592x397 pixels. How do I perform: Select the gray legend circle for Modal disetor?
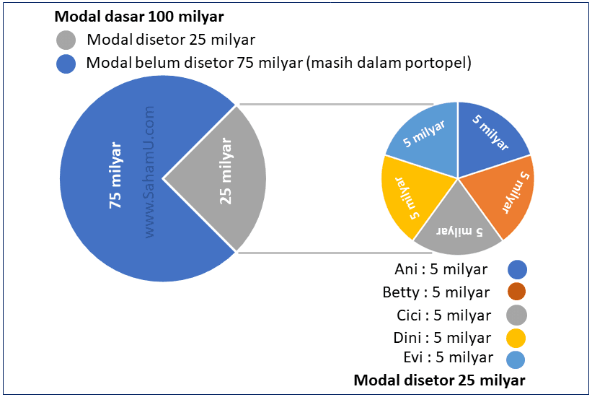(66, 40)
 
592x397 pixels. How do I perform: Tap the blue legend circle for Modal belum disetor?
(66, 64)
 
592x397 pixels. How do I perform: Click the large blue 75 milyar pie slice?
(108, 180)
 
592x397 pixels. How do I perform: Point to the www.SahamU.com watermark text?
(150, 172)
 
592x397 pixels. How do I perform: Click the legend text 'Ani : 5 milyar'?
(441, 270)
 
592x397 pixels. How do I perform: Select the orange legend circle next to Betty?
(516, 292)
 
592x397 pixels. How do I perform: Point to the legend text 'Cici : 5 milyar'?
(443, 315)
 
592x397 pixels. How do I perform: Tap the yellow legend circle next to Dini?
(516, 337)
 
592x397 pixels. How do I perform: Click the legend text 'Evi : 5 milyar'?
(449, 357)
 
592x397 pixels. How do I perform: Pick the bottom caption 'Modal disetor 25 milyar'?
(439, 380)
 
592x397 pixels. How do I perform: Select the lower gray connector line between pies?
(324, 253)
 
